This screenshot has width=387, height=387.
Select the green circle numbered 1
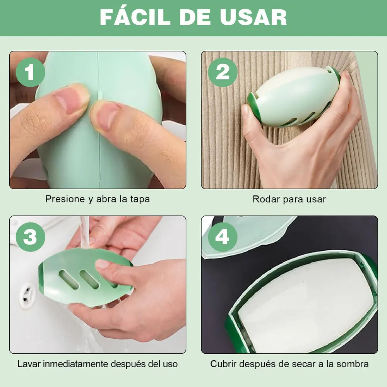point(30,72)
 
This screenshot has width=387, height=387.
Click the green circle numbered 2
point(223,72)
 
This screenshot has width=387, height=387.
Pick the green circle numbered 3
point(30,237)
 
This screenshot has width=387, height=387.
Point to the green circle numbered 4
point(223,237)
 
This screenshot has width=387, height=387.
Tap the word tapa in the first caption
point(140,199)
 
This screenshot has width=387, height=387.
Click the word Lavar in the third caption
point(29,364)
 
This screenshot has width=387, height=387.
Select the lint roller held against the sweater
point(293,97)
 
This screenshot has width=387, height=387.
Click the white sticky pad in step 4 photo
point(306,306)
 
